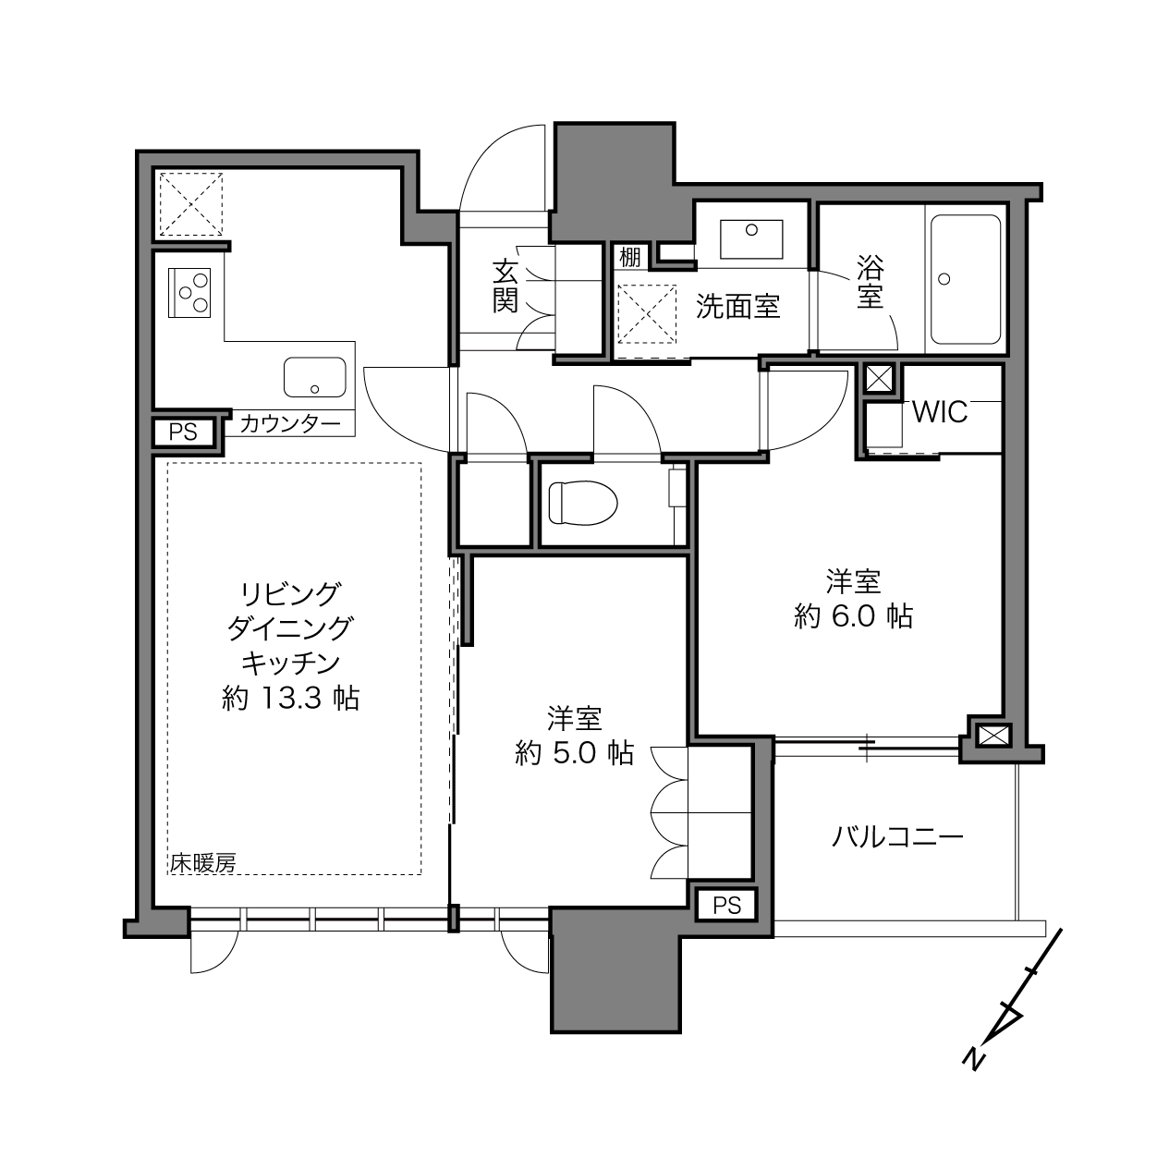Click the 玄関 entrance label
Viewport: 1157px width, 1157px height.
[505, 286]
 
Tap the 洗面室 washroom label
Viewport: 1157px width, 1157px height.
[737, 307]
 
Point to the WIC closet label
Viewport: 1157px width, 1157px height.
[940, 412]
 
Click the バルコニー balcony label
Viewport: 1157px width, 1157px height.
[897, 836]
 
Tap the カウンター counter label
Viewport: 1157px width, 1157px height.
[290, 424]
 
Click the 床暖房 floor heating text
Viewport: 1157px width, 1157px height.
[203, 863]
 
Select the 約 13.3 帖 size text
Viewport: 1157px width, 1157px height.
[290, 699]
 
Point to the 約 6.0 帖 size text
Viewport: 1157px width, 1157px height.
[853, 616]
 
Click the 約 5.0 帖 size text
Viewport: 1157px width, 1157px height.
[575, 753]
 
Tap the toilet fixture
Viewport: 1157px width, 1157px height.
[583, 503]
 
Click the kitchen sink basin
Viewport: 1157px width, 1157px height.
[314, 377]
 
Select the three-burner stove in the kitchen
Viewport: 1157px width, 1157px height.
[189, 292]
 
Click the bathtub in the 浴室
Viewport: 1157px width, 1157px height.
[966, 280]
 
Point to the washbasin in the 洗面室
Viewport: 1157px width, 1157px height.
[751, 239]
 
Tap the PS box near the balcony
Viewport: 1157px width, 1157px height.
[726, 906]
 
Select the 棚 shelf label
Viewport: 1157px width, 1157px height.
[630, 257]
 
